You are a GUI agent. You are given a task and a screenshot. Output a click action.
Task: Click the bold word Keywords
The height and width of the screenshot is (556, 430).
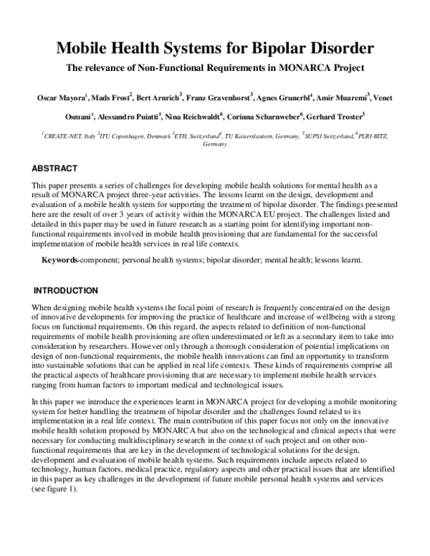[60, 259]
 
